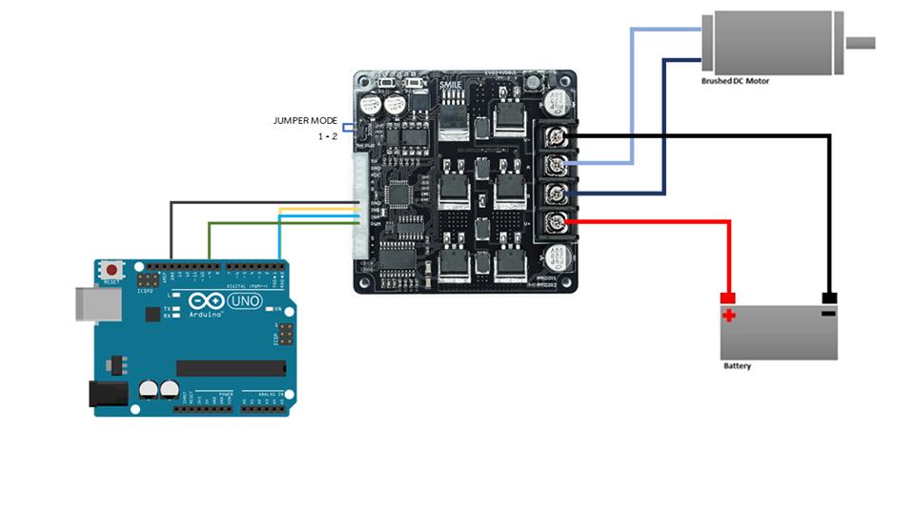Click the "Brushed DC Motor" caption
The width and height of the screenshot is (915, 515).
pos(735,82)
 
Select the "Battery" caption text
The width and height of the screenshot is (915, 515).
pos(737,366)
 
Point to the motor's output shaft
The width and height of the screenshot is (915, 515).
pos(860,42)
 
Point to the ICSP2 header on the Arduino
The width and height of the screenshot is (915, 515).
pos(147,283)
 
